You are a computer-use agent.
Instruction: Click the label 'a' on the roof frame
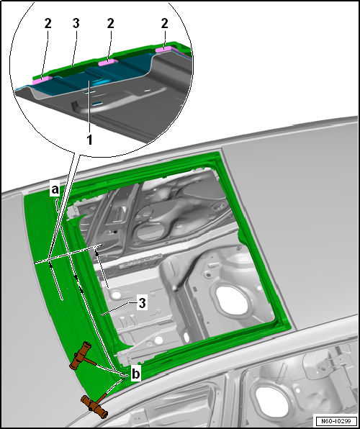click(55, 189)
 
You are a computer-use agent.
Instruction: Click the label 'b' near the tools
click(136, 373)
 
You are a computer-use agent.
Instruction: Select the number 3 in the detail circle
click(76, 24)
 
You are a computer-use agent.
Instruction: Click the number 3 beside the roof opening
click(142, 304)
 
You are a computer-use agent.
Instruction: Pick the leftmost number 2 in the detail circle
click(48, 24)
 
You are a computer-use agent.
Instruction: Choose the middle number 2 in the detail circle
click(110, 24)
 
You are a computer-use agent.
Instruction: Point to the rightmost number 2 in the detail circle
click(164, 24)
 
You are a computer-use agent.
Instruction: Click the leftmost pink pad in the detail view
click(42, 80)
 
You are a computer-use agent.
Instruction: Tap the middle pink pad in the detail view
click(108, 63)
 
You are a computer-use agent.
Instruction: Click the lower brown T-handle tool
click(94, 405)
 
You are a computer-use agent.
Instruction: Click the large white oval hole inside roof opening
click(231, 300)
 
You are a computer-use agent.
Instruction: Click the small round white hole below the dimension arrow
click(116, 295)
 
